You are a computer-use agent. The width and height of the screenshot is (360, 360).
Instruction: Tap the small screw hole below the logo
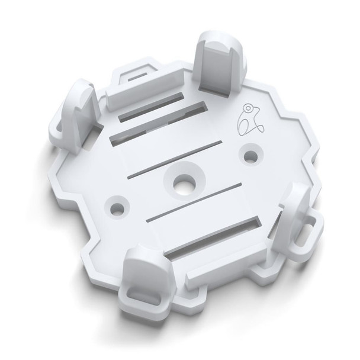pos(251,156)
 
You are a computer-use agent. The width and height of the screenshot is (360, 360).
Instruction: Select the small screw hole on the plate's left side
pos(118,208)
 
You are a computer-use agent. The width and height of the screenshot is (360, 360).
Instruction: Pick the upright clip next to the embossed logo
pos(218,62)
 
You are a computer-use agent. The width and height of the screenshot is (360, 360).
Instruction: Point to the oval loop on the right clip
pos(310,230)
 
